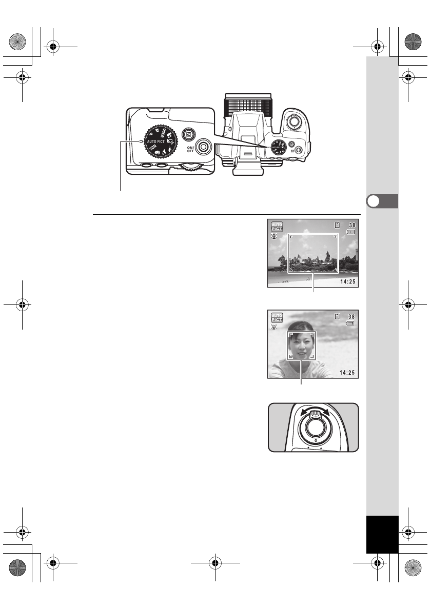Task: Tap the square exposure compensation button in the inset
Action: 188,134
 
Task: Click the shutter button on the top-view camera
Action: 293,122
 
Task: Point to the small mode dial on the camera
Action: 277,146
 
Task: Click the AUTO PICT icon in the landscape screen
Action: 277,227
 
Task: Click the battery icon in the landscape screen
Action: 351,232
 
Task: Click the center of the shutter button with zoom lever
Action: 313,427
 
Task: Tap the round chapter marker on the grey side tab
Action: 375,201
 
